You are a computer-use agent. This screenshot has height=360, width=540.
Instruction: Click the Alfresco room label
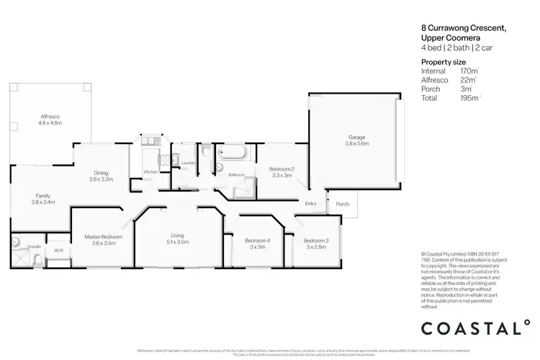[x=50, y=116]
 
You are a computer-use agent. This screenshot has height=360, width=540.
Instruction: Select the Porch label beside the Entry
[x=343, y=204]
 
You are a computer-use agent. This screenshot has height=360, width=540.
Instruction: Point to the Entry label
[x=311, y=204]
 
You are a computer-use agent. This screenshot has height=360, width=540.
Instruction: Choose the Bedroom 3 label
[x=316, y=240]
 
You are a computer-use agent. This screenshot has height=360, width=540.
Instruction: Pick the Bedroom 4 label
[x=257, y=240]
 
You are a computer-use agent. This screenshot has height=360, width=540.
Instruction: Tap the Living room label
[x=178, y=235]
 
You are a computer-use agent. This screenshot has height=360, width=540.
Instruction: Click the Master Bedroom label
[x=103, y=237]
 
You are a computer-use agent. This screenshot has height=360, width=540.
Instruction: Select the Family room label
[x=43, y=196]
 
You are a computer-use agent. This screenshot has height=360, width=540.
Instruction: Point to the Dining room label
[x=101, y=172]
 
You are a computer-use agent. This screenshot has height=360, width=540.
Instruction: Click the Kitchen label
[x=150, y=171]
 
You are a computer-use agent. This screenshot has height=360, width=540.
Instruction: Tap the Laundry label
[x=189, y=163]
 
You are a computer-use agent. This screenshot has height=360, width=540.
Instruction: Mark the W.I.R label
[x=58, y=251]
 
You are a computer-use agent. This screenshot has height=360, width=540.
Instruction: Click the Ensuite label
[x=34, y=247]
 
